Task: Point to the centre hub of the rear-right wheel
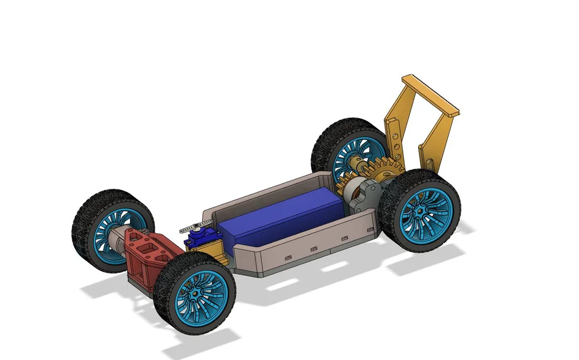click(x=422, y=212)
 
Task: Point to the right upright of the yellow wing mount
click(x=437, y=138)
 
